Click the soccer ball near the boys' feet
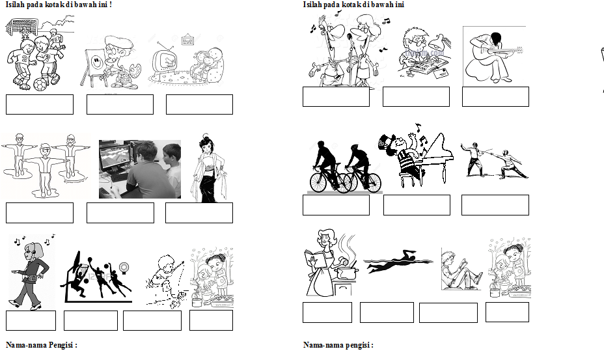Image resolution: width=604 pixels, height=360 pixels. tap(40, 85)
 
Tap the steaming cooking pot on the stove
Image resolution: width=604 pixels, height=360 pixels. tap(346, 271)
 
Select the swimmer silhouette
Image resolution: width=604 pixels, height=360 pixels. tap(397, 262)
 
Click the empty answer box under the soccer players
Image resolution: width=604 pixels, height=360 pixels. tap(40, 104)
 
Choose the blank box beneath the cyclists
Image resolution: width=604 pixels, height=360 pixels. tap(336, 205)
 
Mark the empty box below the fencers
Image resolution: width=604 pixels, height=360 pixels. tap(495, 205)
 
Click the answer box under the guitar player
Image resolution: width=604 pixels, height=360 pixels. tap(495, 96)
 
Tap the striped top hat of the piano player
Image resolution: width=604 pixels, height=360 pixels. tap(387, 143)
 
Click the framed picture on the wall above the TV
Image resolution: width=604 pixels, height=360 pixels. tap(187, 39)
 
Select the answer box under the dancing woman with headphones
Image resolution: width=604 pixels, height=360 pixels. tap(31, 321)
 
